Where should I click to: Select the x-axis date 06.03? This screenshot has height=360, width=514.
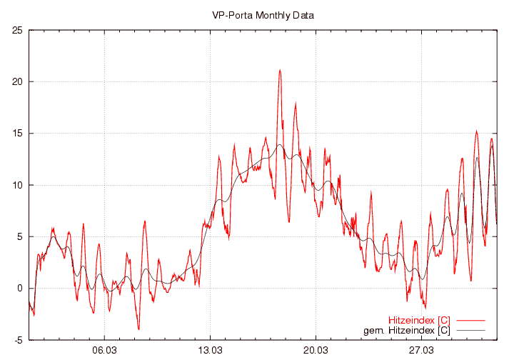click(x=105, y=350)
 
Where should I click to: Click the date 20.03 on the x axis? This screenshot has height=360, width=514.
click(x=316, y=350)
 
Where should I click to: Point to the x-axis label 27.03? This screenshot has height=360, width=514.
click(x=421, y=350)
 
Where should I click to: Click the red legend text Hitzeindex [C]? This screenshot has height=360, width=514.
click(x=419, y=319)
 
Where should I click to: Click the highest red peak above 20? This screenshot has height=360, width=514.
click(x=280, y=70)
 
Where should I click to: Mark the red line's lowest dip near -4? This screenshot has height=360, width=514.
click(x=138, y=329)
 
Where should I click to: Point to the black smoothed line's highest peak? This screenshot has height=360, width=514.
click(x=280, y=145)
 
